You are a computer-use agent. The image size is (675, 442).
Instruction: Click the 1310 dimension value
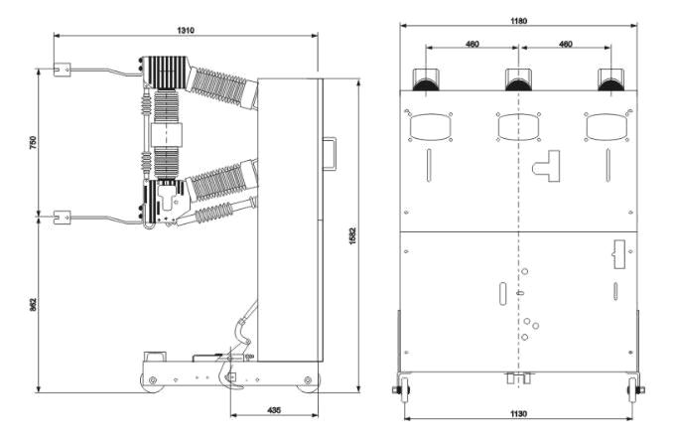pyautogui.click(x=186, y=30)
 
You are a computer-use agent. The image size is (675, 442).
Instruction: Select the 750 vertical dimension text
pyautogui.click(x=33, y=142)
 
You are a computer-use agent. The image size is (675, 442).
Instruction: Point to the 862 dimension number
pyautogui.click(x=33, y=304)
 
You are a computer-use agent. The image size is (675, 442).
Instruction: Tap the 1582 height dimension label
pyautogui.click(x=352, y=236)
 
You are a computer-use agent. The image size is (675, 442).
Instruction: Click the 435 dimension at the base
pyautogui.click(x=274, y=409)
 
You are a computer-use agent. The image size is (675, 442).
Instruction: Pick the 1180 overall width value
pyautogui.click(x=518, y=21)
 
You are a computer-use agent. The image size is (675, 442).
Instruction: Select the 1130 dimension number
pyautogui.click(x=518, y=413)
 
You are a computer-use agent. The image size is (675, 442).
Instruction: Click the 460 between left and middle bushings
pyautogui.click(x=472, y=44)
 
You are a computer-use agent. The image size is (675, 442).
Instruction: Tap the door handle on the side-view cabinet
pyautogui.click(x=330, y=154)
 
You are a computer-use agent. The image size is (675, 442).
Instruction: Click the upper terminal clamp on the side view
pyautogui.click(x=62, y=70)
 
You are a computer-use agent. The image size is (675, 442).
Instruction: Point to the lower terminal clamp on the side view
pyautogui.click(x=62, y=218)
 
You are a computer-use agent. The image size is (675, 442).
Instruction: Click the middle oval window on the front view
pyautogui.click(x=518, y=127)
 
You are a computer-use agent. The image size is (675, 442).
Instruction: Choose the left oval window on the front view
pyautogui.click(x=430, y=127)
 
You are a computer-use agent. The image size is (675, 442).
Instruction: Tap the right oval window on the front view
pyautogui.click(x=607, y=127)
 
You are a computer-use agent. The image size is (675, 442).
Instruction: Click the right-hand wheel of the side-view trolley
pyautogui.click(x=308, y=381)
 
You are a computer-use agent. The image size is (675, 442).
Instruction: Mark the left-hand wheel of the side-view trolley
pyautogui.click(x=153, y=381)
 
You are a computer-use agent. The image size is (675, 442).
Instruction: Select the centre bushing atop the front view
pyautogui.click(x=518, y=79)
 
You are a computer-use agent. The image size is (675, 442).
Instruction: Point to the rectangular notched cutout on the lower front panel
pyautogui.click(x=618, y=254)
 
